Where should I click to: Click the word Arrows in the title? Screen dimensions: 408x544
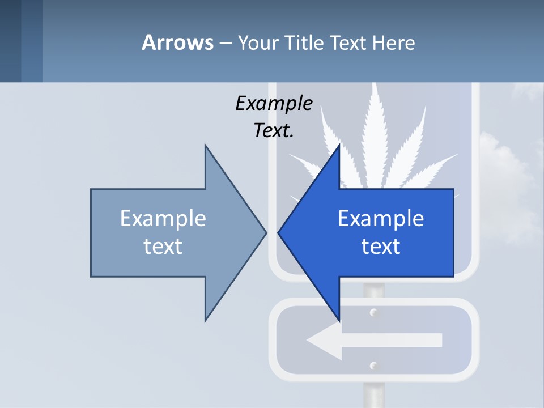[177, 43]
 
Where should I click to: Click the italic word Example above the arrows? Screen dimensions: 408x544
[274, 104]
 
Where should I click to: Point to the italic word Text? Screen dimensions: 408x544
[274, 131]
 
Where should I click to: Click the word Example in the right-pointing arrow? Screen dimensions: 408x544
[163, 219]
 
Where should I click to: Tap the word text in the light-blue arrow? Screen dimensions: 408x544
[163, 246]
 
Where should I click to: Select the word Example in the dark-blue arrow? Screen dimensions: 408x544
[381, 219]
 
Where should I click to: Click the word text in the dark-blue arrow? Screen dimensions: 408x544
[381, 246]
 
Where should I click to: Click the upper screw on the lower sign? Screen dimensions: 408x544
[373, 313]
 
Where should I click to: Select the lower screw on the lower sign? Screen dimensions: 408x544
[373, 365]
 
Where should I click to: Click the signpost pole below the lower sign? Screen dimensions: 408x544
[373, 394]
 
